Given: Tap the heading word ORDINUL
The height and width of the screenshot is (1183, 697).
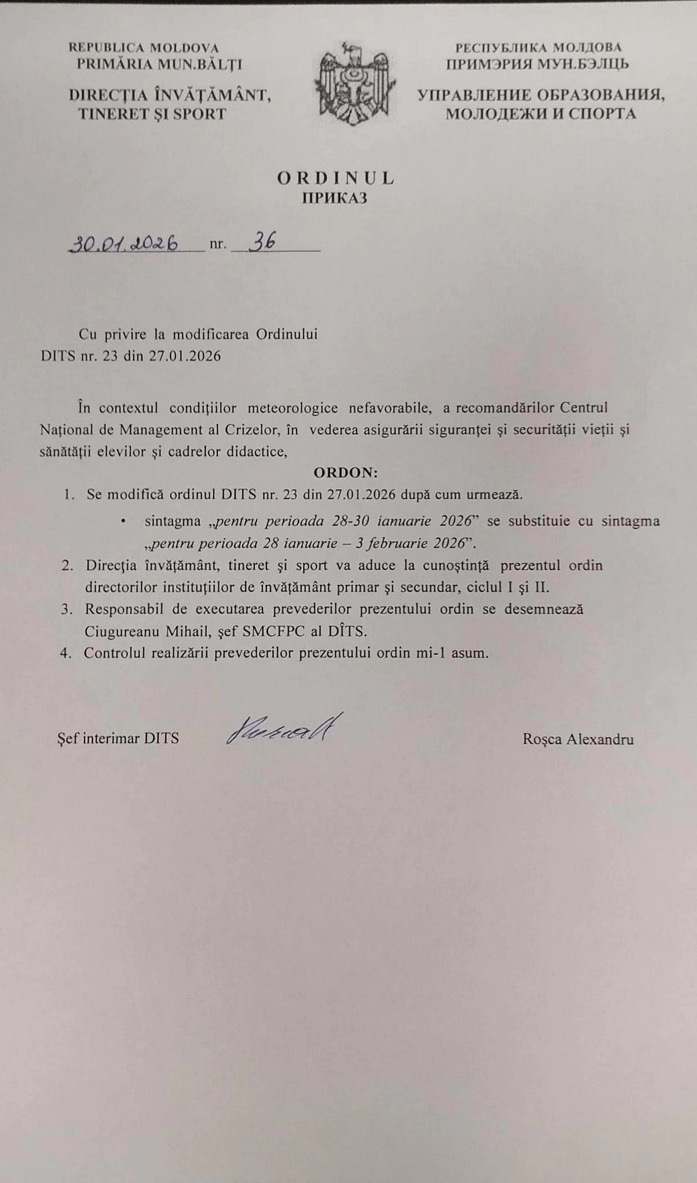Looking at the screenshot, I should click(x=335, y=178).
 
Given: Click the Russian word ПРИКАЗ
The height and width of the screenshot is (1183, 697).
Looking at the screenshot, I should click(x=335, y=198).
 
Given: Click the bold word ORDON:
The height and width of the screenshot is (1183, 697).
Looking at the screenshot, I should click(x=346, y=473).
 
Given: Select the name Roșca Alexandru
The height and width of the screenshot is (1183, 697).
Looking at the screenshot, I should click(x=578, y=739).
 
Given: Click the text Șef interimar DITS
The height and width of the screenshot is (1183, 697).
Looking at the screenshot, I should click(x=118, y=738).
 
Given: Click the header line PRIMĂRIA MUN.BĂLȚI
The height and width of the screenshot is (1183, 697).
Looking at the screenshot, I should click(x=160, y=64).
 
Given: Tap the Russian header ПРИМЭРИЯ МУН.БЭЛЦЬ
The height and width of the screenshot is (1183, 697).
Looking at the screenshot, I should click(x=537, y=64).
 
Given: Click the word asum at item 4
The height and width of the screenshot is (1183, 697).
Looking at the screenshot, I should click(x=472, y=653).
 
